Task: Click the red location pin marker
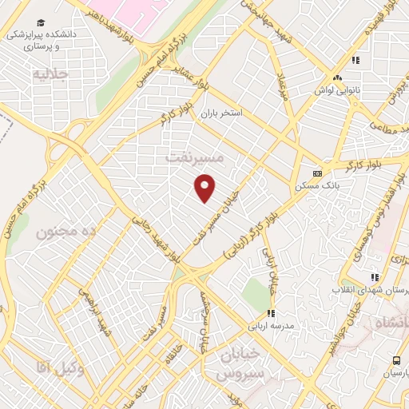pos(206,188)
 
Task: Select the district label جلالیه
pos(52,75)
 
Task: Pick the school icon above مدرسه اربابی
pos(270,312)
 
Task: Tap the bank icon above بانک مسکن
pos(317,173)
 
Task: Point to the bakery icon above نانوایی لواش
pos(338,78)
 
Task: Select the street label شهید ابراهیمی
pos(93,312)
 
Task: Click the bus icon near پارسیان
pos(397,361)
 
